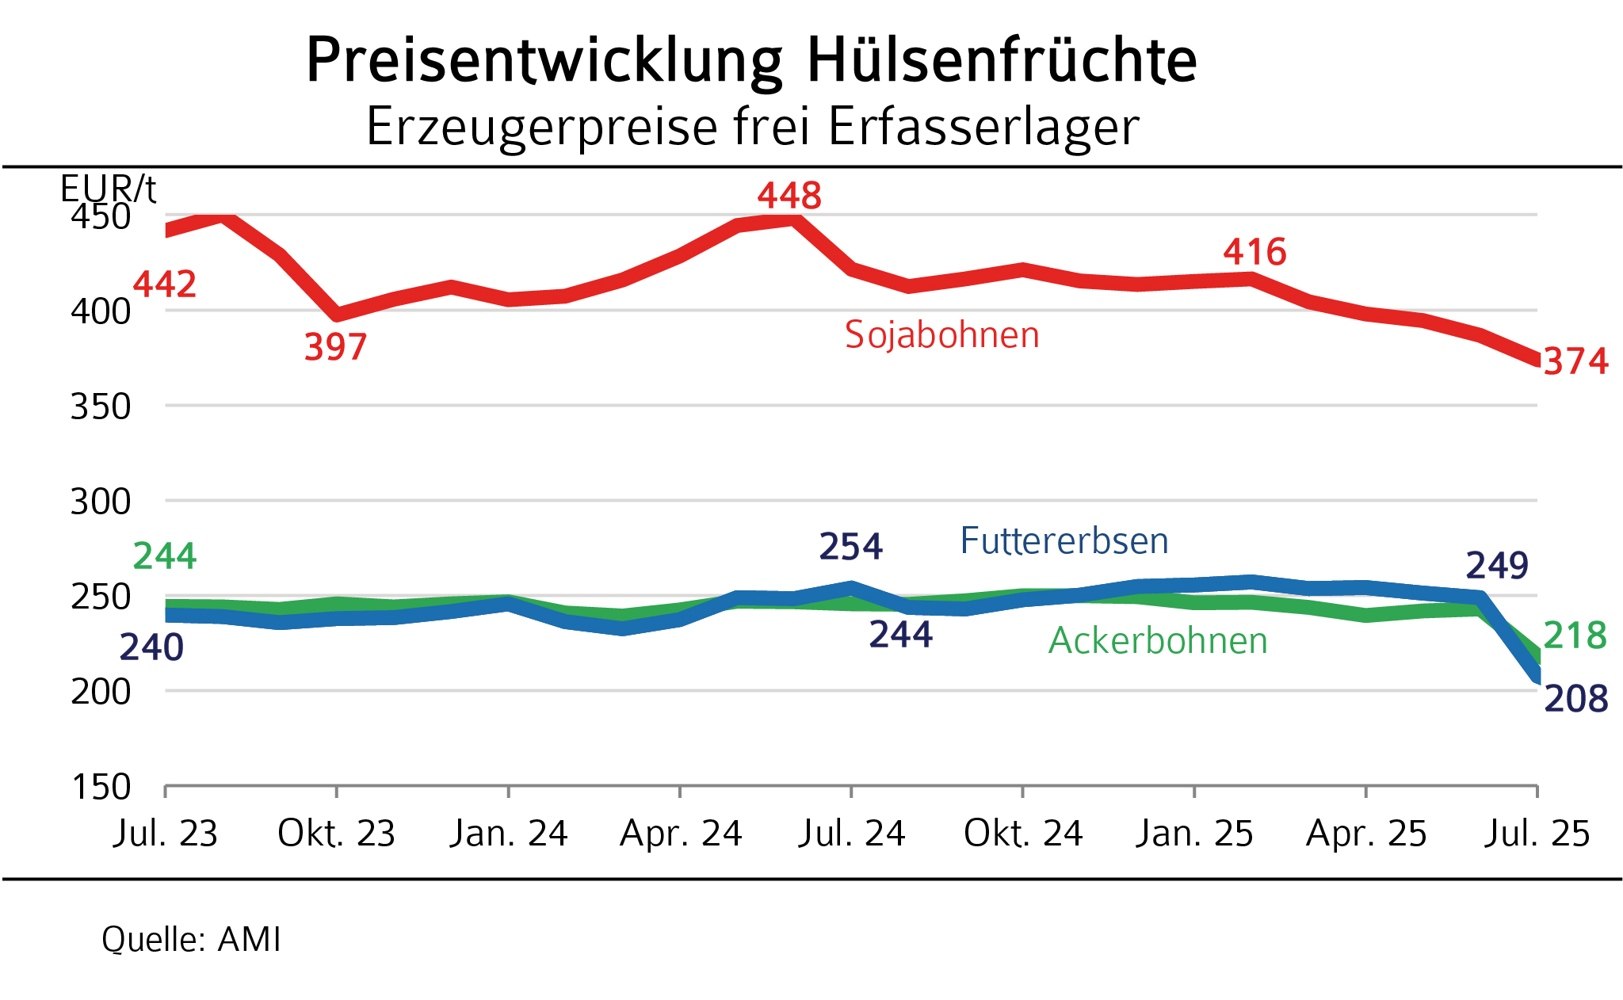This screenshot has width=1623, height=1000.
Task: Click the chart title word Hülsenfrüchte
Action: (1002, 60)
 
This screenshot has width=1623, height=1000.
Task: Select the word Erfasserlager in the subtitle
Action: (983, 127)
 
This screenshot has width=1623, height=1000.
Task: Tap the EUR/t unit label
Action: (108, 189)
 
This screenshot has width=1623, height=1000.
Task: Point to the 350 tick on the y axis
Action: (101, 406)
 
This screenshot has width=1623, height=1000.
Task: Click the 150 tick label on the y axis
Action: (101, 787)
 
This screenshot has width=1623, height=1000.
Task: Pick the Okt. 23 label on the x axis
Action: (336, 834)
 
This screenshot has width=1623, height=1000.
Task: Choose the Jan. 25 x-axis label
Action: (1194, 834)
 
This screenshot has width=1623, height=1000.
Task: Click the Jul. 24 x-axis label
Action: (851, 834)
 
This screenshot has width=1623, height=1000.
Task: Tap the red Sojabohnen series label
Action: (941, 334)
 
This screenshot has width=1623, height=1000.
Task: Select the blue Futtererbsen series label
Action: (1064, 541)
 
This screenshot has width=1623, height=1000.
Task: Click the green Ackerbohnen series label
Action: (1158, 641)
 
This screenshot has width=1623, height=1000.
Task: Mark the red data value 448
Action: (789, 196)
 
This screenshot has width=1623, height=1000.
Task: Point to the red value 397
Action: (336, 347)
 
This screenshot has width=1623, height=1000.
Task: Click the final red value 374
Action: (1575, 361)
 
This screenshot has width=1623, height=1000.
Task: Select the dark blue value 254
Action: (850, 547)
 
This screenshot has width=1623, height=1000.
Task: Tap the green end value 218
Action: (1575, 635)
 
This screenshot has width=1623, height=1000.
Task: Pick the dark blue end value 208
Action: (1575, 699)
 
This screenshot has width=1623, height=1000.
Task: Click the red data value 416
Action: (1254, 252)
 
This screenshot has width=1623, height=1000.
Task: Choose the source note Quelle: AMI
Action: (191, 940)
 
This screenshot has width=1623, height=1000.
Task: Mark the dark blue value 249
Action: (1497, 566)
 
